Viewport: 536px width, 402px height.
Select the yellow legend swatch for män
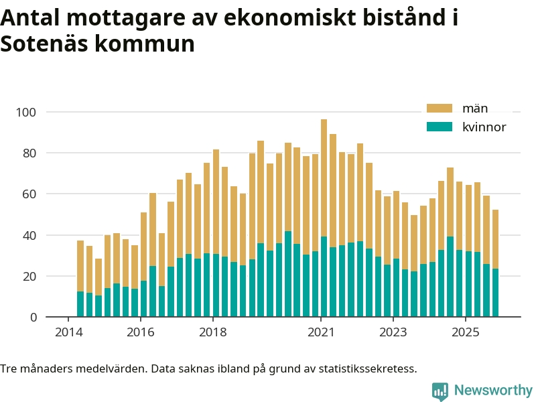[x=440, y=109]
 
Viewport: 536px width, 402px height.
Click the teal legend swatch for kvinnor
[x=440, y=127]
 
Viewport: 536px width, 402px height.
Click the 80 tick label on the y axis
[x=30, y=153]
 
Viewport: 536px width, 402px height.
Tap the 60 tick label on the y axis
[x=30, y=194]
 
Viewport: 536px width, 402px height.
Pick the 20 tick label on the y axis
[x=30, y=276]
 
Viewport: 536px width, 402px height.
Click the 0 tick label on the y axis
[x=33, y=317]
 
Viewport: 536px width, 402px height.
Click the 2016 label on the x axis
[x=140, y=332]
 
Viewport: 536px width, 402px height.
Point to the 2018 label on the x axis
[x=212, y=332]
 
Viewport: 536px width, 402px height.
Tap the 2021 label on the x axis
[x=321, y=332]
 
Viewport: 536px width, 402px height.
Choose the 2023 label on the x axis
[x=393, y=332]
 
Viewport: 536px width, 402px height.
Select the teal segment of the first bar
[x=80, y=304]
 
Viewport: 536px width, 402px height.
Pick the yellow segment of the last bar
[x=495, y=239]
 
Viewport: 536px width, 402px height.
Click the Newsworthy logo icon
[x=440, y=391]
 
